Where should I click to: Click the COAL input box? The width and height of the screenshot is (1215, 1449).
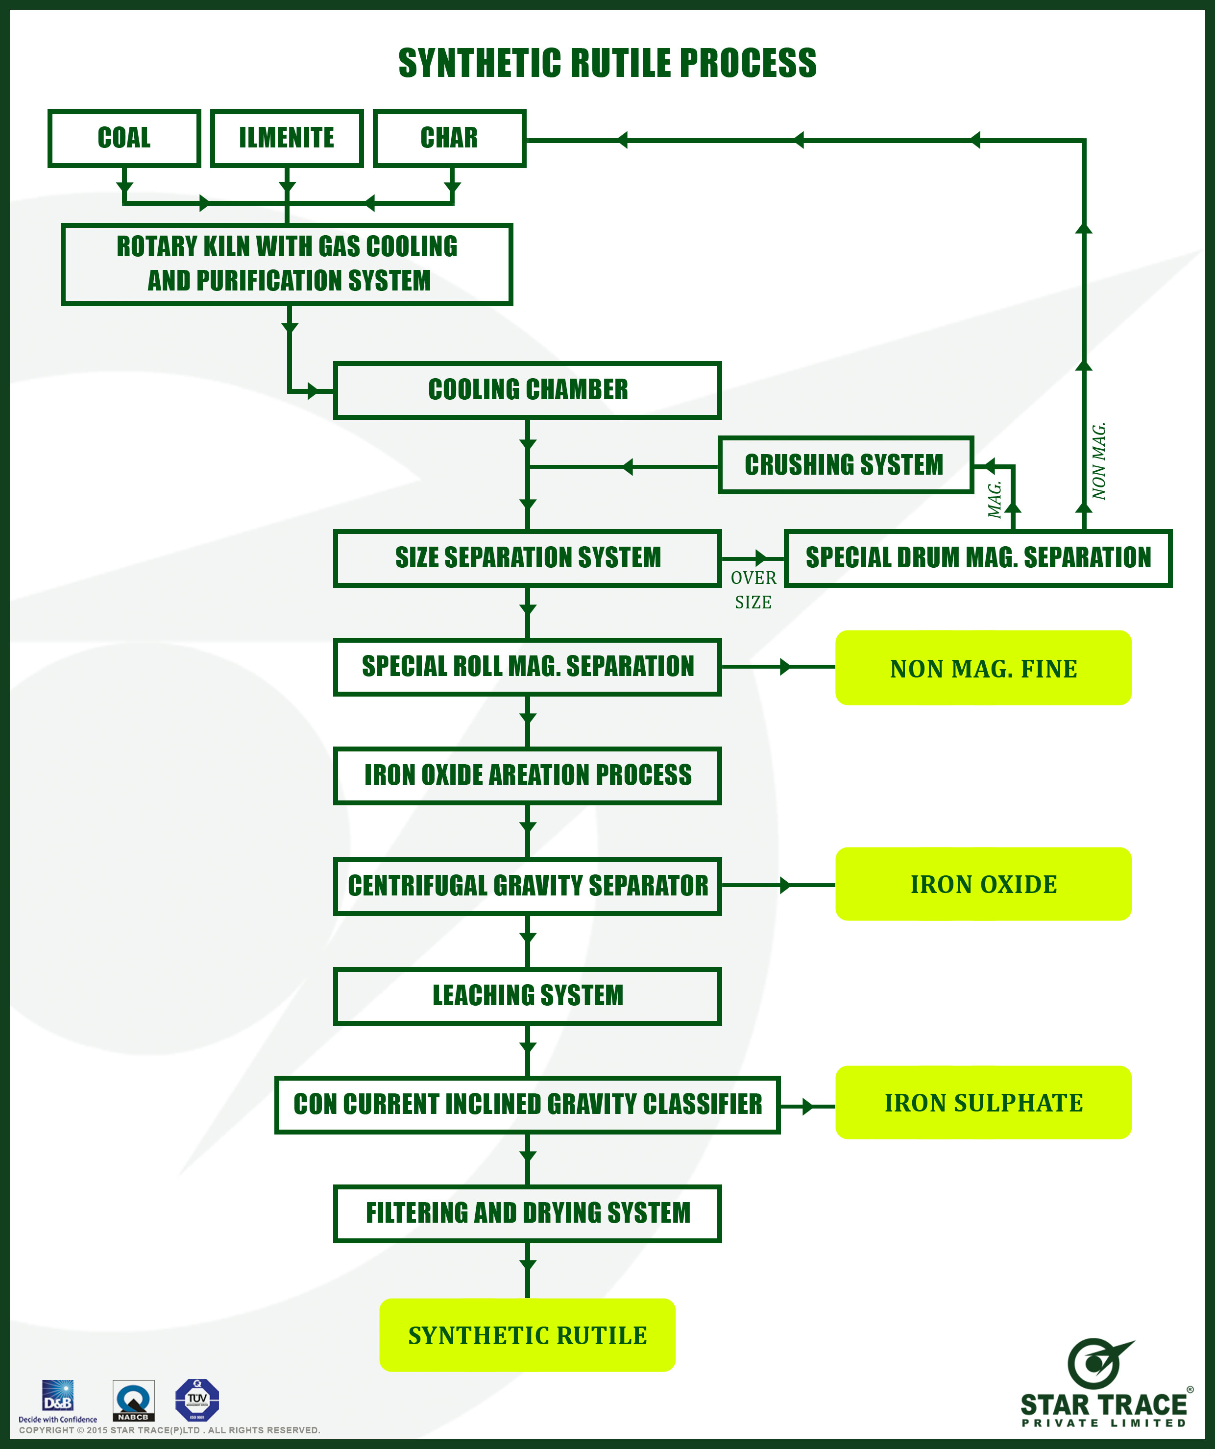tap(124, 138)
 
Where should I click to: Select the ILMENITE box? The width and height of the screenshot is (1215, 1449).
tap(287, 138)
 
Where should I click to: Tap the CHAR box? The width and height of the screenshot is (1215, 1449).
tap(449, 138)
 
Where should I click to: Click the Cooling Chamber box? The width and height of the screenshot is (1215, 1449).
tap(528, 390)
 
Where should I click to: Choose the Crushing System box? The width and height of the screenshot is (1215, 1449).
tap(845, 465)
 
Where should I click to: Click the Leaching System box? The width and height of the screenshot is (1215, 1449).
tap(528, 996)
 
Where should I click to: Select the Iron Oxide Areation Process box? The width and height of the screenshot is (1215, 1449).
tap(528, 775)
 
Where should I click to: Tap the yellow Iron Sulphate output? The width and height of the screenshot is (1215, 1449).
tap(983, 1103)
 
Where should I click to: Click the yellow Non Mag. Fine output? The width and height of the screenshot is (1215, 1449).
tap(983, 668)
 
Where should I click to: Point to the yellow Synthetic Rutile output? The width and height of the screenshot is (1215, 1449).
tap(528, 1335)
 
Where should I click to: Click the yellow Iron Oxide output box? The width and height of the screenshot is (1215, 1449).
tap(983, 884)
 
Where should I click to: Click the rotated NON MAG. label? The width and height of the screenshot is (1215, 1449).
tap(1099, 461)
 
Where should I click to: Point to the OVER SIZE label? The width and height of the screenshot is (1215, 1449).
tap(753, 590)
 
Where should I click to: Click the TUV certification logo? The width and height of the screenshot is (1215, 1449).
tap(197, 1400)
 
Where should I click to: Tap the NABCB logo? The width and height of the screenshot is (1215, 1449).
tap(133, 1400)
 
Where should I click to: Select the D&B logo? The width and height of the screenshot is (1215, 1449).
tap(58, 1397)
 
